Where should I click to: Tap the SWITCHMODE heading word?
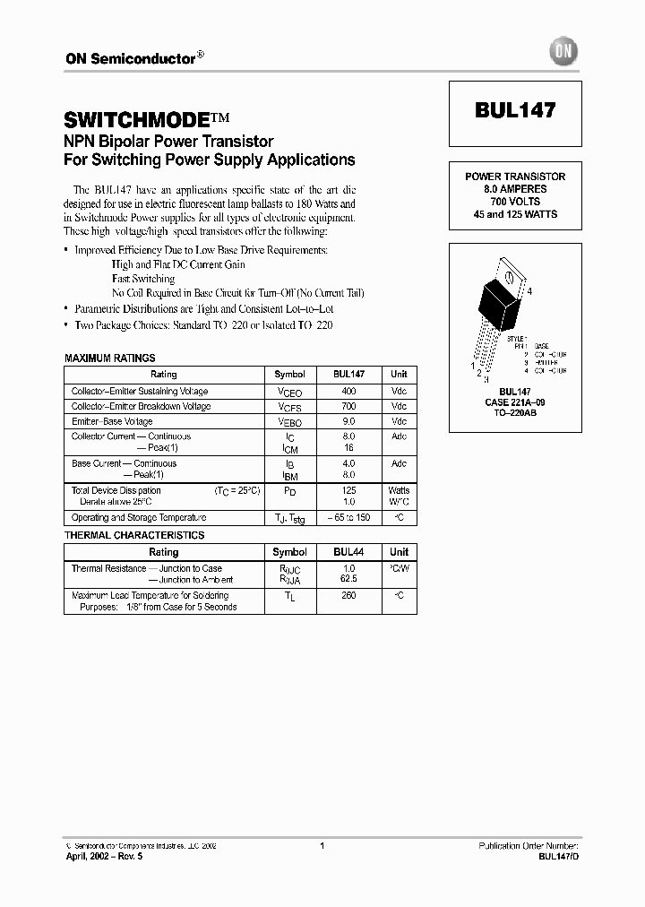click(138, 119)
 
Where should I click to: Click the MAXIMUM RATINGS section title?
click(110, 358)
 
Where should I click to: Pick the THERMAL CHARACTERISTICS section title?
click(134, 535)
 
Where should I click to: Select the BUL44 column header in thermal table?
click(348, 552)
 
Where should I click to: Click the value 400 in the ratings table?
click(348, 392)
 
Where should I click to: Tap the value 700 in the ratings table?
click(348, 406)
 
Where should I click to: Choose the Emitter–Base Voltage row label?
click(112, 421)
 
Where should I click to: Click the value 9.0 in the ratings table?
click(348, 421)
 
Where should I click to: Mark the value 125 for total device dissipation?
click(348, 491)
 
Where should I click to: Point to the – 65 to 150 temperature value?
click(348, 518)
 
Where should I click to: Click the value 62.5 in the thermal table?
click(348, 580)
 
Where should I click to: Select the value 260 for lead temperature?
click(348, 595)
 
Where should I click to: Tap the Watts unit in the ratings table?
click(399, 491)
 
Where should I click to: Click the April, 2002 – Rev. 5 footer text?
click(104, 857)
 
